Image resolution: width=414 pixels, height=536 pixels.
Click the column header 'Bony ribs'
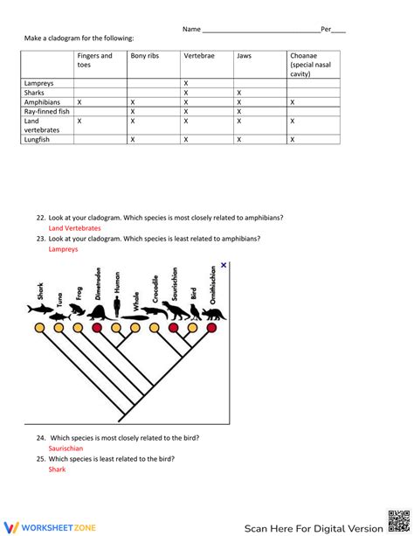coord(145,56)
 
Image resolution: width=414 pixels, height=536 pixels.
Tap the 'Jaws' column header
coord(244,56)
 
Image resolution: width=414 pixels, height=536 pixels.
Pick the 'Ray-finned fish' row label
coord(46,111)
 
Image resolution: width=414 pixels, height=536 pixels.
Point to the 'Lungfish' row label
coord(38,139)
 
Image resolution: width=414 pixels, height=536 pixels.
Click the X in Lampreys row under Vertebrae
coord(186,82)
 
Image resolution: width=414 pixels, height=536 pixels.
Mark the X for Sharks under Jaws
coord(238,92)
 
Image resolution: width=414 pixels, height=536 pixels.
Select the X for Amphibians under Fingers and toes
coord(79,101)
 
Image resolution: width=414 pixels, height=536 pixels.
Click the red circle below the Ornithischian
coord(212,328)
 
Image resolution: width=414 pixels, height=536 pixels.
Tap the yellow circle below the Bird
coord(193,328)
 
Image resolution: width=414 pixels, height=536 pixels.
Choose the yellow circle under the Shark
coord(39,328)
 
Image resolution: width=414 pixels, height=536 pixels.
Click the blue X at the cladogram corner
coord(224,265)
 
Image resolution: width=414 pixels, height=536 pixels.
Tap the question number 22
coord(41,217)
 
